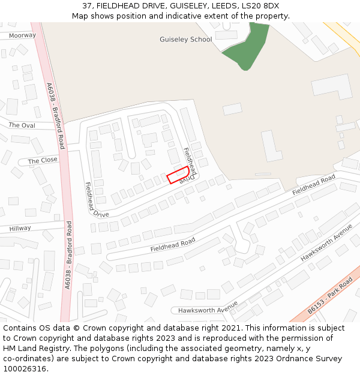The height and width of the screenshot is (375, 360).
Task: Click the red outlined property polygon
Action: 178,176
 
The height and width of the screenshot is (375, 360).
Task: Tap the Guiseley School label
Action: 185,40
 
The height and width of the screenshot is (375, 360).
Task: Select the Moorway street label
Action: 22,35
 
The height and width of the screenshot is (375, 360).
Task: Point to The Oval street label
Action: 22,125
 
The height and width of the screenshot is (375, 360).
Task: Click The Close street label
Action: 43,161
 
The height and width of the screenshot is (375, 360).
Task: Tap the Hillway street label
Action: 20,229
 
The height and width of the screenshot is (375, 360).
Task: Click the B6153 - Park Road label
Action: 329,296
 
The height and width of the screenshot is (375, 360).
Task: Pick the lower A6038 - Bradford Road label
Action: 68,256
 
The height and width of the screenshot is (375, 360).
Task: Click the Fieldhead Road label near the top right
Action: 313,185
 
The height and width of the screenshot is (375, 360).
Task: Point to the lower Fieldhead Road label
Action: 173,245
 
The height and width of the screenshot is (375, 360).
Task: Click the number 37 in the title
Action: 87,5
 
